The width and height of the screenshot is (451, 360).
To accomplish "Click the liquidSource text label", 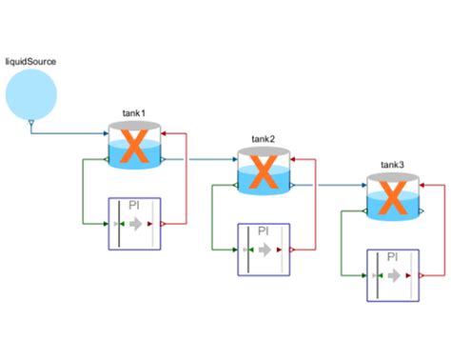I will tap(30, 62).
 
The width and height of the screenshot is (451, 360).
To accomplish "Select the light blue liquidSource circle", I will tap(30, 96).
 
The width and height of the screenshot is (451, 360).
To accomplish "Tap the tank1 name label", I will tap(134, 113).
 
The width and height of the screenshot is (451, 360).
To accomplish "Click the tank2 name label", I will tap(264, 139).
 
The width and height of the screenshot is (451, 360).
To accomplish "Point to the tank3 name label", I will tap(392, 165).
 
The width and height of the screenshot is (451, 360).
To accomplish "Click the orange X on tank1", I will tap(135, 148).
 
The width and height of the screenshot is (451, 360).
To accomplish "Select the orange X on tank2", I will tap(264, 173).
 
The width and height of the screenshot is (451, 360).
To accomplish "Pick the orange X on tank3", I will tap(392, 199).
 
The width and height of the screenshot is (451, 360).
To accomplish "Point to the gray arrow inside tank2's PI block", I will tap(264, 250).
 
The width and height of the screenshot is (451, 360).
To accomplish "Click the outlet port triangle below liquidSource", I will tap(30, 125).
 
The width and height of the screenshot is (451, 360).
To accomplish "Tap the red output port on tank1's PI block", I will tap(164, 224).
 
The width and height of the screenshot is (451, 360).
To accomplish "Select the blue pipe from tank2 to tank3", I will tap(328, 185).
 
